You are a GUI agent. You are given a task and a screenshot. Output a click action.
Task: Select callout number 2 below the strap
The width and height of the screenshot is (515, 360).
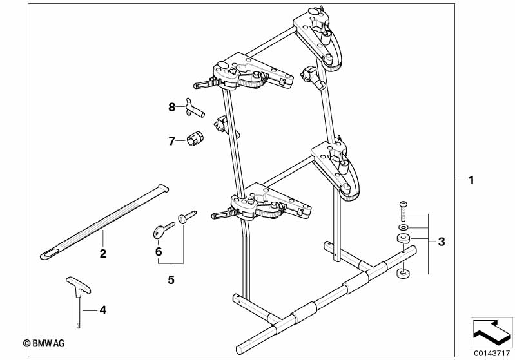click(x=102, y=253)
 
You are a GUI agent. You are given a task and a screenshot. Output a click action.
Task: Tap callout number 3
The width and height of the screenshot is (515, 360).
click(x=441, y=242)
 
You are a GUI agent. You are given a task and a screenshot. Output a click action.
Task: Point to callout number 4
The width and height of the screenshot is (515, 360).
click(x=102, y=310)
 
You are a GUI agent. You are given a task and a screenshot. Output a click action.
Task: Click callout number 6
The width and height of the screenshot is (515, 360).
click(x=158, y=251)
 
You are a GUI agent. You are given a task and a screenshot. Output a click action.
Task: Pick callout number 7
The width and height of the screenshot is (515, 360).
click(x=171, y=141)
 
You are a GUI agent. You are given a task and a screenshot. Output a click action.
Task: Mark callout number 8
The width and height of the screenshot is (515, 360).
click(x=172, y=108)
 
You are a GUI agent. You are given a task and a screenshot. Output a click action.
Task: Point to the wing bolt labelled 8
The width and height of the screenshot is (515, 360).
click(x=194, y=109)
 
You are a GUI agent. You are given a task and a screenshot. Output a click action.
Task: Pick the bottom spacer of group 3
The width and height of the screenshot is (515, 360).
click(x=403, y=275)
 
